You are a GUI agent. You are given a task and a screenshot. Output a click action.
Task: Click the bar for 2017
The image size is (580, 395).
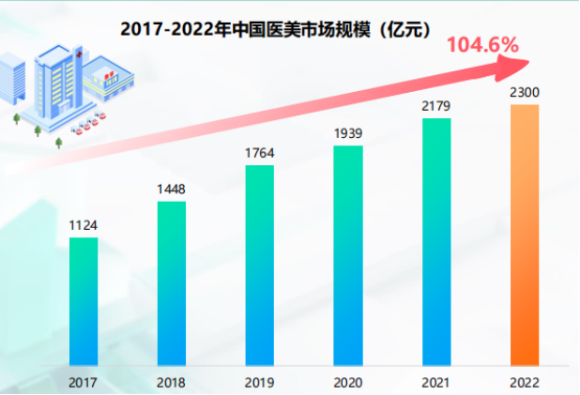(84, 300)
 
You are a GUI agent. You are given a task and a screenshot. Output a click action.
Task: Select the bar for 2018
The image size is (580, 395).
(172, 282)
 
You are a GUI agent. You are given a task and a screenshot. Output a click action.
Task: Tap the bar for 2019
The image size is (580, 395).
(260, 265)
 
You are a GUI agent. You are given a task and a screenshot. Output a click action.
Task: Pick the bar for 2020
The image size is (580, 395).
(348, 254)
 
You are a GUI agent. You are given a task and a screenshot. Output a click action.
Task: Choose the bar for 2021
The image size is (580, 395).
(436, 241)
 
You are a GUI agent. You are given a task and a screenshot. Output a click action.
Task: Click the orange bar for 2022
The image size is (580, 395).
(525, 235)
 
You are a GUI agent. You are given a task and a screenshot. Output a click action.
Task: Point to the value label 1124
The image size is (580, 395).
(84, 225)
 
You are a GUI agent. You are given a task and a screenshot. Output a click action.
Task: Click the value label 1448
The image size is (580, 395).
(172, 190)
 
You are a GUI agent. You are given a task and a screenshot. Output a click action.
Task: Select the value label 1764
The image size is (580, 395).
(260, 153)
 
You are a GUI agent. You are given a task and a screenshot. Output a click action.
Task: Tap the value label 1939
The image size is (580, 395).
(348, 133)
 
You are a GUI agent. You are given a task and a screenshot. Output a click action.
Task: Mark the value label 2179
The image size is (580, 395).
(436, 106)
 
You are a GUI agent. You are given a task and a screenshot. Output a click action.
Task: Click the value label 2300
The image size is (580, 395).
(525, 92)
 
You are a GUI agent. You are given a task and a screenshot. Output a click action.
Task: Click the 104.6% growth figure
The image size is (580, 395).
(482, 44)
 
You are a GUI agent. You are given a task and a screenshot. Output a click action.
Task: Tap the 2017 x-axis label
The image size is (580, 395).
(84, 382)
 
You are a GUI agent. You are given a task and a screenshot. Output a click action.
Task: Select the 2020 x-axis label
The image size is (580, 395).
(348, 382)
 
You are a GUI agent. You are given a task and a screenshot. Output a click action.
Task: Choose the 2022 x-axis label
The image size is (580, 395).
(525, 382)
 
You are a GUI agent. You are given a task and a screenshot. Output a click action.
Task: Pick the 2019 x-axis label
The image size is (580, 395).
(260, 382)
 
